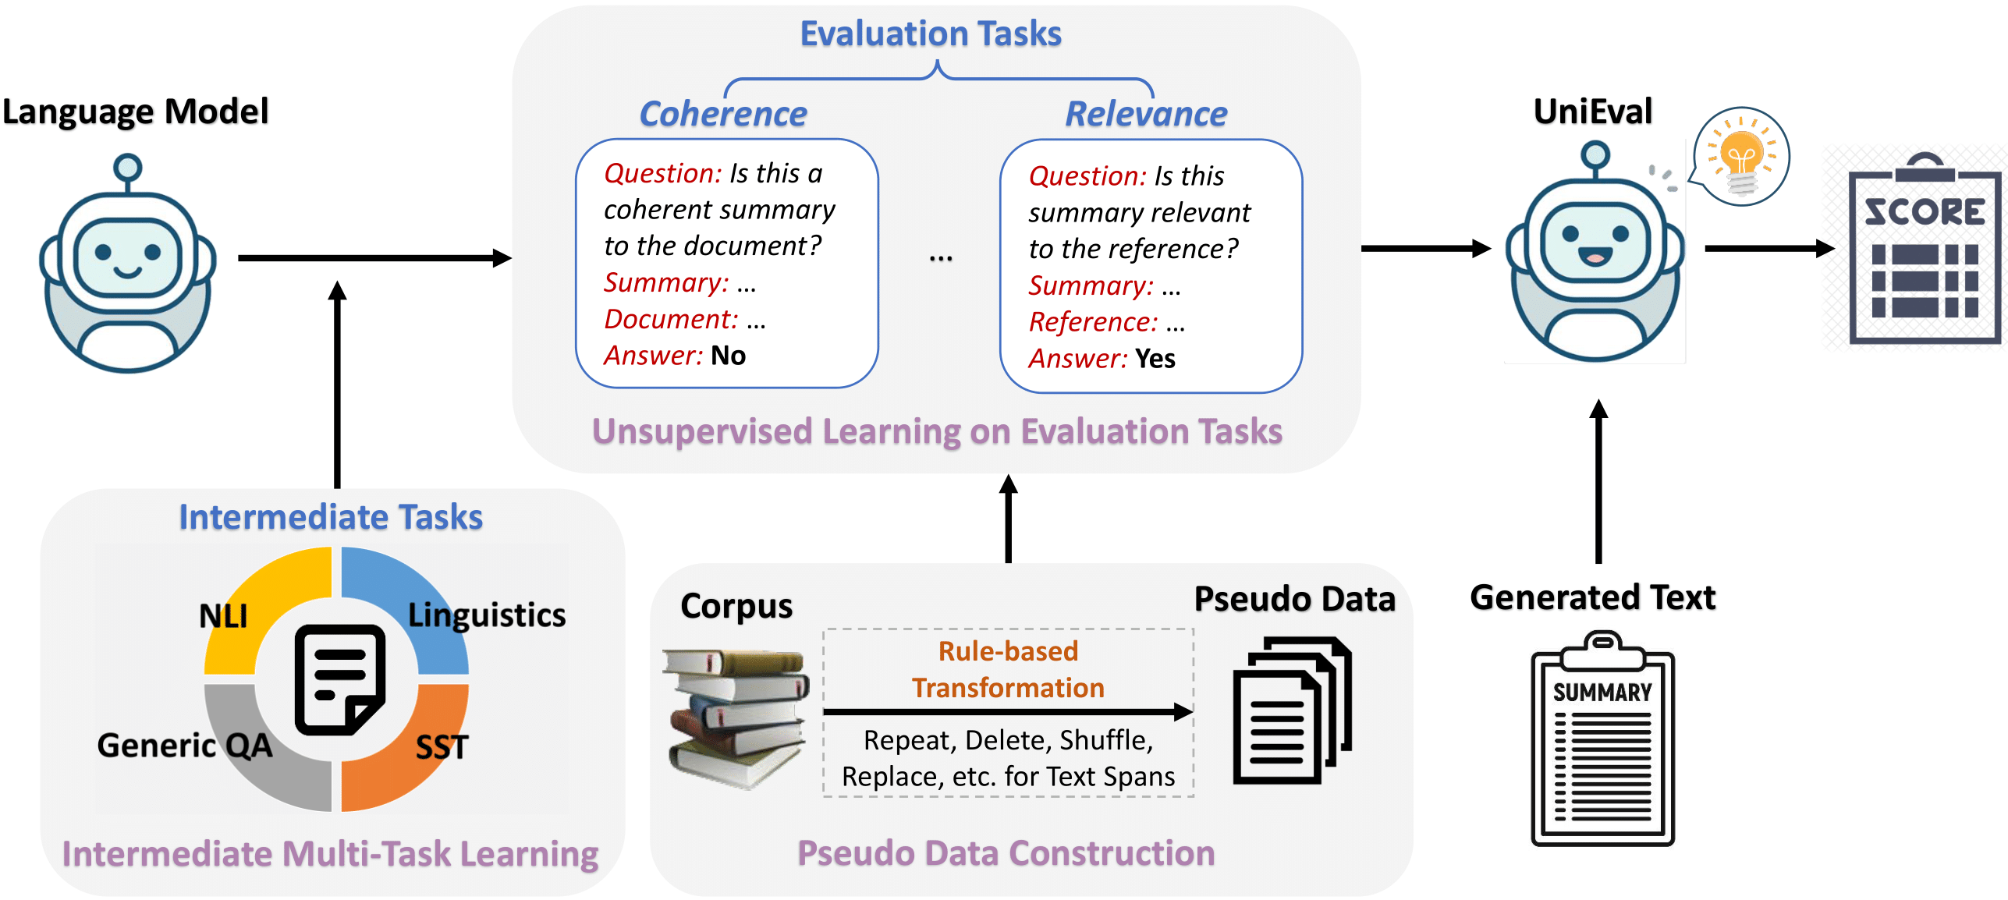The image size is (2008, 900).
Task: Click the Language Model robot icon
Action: pyautogui.click(x=127, y=265)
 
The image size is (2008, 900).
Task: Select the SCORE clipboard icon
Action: pyautogui.click(x=1924, y=250)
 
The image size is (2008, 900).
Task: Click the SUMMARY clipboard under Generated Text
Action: pyautogui.click(x=1602, y=741)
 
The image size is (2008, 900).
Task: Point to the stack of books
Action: pyautogui.click(x=735, y=718)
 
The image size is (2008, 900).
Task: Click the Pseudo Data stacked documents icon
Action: pyautogui.click(x=1291, y=710)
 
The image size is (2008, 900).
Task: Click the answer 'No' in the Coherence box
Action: pyautogui.click(x=729, y=356)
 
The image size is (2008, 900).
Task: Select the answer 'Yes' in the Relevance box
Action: pyautogui.click(x=1155, y=359)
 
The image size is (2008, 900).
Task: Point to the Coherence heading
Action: pyautogui.click(x=723, y=114)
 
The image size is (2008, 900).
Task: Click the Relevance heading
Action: pyautogui.click(x=1146, y=114)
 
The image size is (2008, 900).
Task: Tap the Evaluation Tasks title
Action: pyautogui.click(x=931, y=34)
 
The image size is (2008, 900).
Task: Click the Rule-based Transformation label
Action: pyautogui.click(x=1008, y=669)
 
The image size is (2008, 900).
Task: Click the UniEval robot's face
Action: pyautogui.click(x=1595, y=238)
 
